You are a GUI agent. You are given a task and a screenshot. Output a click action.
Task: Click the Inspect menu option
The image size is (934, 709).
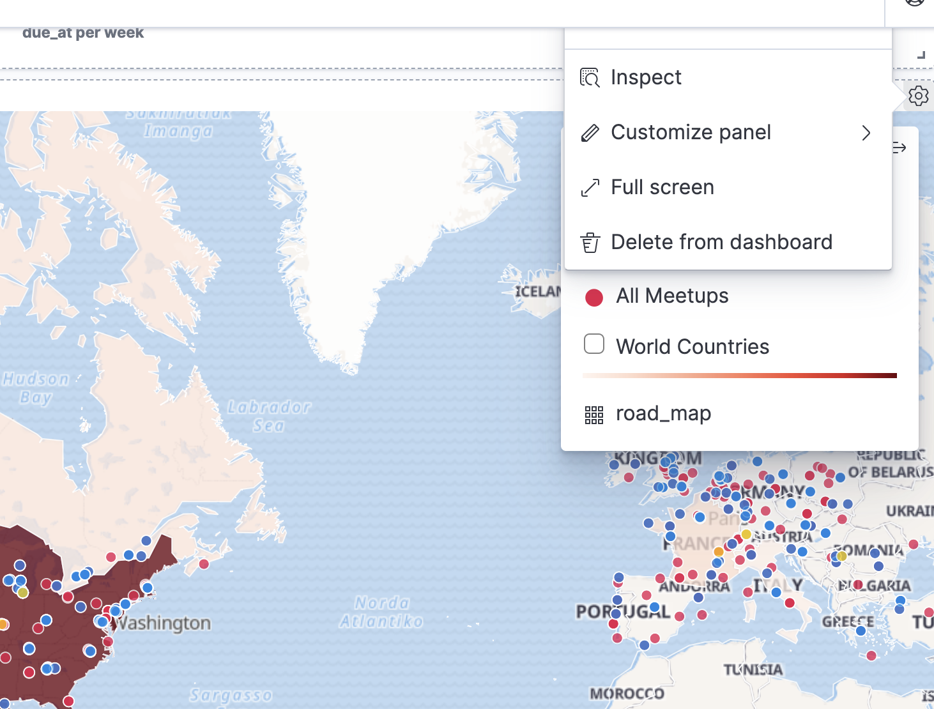645,77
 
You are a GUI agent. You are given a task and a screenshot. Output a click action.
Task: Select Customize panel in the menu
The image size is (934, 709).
691,132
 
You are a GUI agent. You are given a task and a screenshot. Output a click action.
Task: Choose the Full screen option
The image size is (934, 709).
662,187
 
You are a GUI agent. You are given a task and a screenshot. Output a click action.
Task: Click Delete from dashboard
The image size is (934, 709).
721,242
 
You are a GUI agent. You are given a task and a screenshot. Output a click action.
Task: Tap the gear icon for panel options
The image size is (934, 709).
918,96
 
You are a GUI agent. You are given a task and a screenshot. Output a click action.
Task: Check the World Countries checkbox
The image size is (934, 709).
594,344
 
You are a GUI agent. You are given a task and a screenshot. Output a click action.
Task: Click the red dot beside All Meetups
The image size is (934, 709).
594,297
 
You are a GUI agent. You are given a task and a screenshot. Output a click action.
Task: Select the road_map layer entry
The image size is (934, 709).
663,414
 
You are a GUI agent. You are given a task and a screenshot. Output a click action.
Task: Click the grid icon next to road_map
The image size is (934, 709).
594,415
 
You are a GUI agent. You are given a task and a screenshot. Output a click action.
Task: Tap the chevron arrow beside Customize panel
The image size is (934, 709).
866,133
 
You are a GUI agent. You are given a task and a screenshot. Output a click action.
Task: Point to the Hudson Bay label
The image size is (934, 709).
36,388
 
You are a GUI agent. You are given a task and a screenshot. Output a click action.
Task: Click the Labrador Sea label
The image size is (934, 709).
269,416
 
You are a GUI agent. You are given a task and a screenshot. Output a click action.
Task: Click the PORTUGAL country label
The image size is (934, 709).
622,611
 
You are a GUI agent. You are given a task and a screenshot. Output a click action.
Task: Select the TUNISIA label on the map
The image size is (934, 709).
753,669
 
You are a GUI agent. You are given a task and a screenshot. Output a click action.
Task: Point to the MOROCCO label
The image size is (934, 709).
627,694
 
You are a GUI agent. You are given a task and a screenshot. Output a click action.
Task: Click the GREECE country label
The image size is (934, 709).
847,621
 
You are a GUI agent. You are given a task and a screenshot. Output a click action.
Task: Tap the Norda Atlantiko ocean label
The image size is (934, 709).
381,612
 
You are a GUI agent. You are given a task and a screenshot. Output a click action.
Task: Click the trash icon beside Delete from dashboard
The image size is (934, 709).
590,243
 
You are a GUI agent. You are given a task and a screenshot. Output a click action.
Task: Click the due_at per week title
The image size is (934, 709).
83,33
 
